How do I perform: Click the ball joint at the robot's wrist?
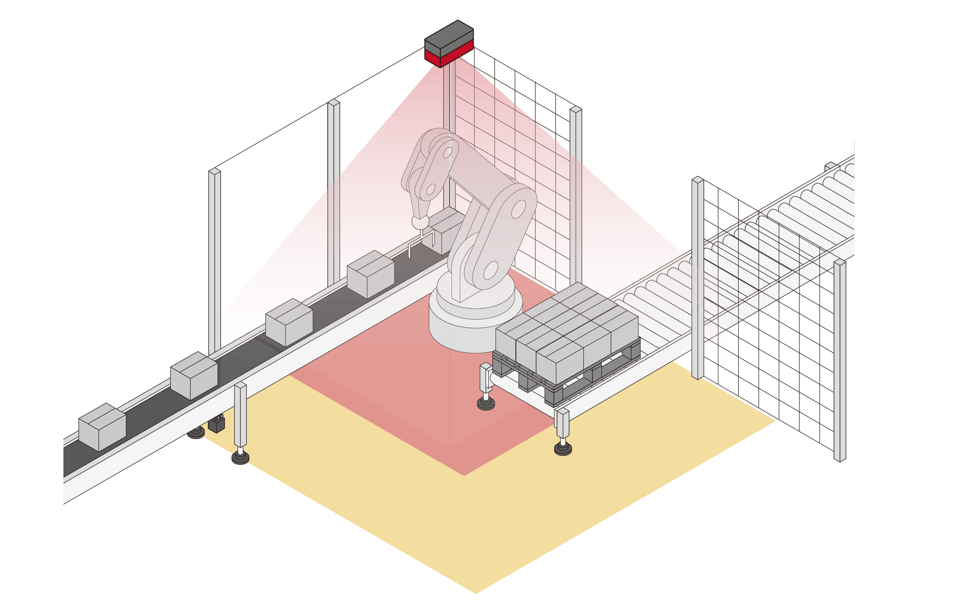click(x=420, y=222)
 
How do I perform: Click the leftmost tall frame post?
click(x=215, y=260)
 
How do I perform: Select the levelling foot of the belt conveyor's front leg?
click(x=240, y=458)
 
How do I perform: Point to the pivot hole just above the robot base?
click(x=490, y=270)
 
